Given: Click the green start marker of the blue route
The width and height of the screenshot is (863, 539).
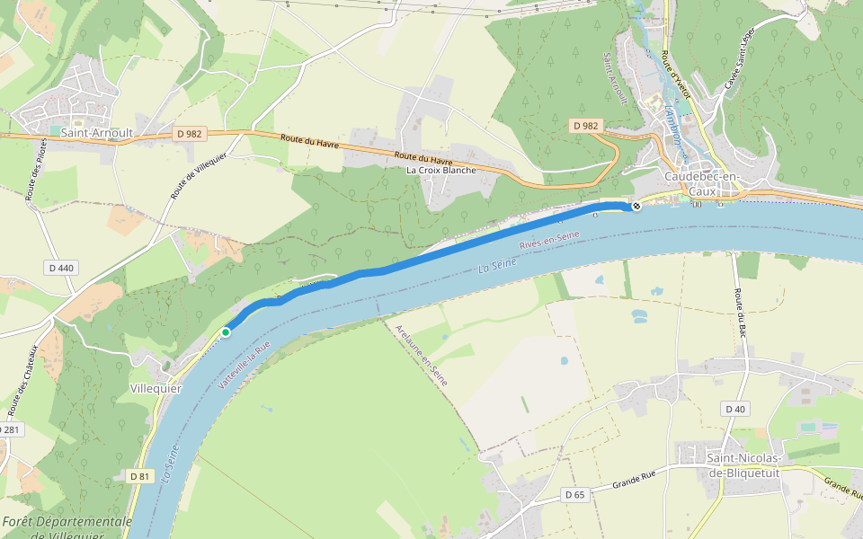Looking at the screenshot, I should pyautogui.click(x=226, y=332).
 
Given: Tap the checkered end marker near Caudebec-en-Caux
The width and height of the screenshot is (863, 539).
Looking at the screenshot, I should pyautogui.click(x=636, y=207).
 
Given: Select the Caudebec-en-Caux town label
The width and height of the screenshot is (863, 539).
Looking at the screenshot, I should pyautogui.click(x=700, y=184).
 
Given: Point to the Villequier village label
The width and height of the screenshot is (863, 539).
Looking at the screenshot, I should pyautogui.click(x=156, y=389).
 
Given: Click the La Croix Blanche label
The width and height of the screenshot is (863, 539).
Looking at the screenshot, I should pyautogui.click(x=440, y=170).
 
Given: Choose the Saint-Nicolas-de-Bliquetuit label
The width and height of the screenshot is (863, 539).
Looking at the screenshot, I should pyautogui.click(x=743, y=464).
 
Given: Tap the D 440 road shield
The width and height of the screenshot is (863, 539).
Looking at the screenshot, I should pyautogui.click(x=61, y=268).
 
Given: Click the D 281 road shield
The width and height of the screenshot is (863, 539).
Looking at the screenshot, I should pyautogui.click(x=9, y=430).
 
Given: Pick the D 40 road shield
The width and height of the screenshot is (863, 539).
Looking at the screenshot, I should pyautogui.click(x=734, y=409).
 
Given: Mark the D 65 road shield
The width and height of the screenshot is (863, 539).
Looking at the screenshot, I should pyautogui.click(x=574, y=494).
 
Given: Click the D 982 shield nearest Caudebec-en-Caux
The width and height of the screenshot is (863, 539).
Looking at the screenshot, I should pyautogui.click(x=585, y=127).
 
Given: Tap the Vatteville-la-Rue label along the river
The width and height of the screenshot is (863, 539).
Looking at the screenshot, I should pyautogui.click(x=245, y=365).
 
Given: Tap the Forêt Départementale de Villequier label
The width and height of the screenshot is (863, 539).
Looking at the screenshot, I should pyautogui.click(x=67, y=528).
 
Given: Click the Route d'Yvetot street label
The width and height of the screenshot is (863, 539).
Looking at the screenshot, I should pyautogui.click(x=675, y=75).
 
